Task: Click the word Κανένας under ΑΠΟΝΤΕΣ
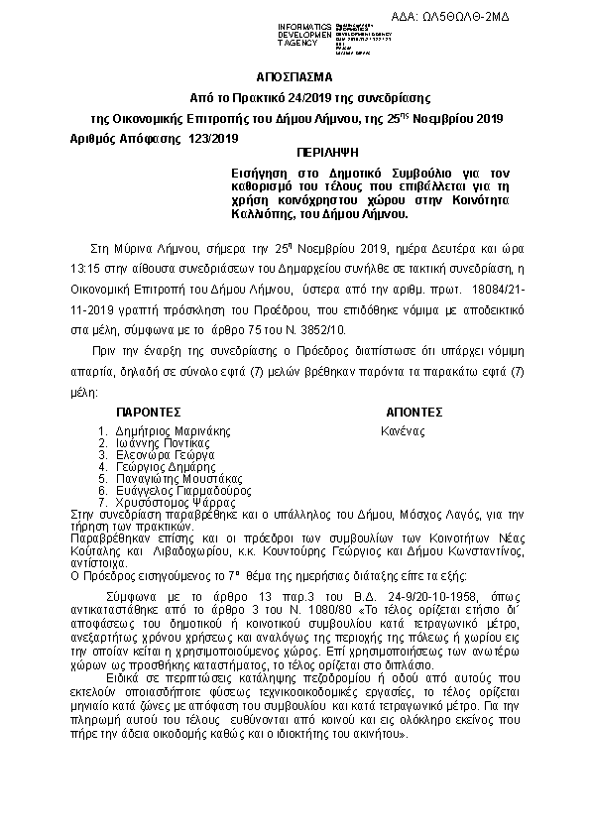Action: click(403, 431)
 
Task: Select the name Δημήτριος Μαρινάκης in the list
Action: click(174, 431)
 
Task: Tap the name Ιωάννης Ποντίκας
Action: click(165, 443)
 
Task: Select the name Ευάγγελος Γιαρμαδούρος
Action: click(183, 490)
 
